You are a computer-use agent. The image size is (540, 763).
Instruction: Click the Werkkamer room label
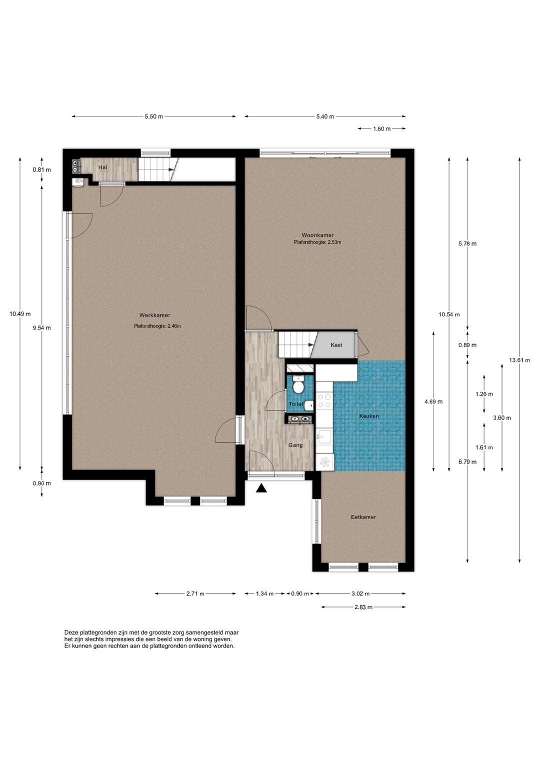point(154,315)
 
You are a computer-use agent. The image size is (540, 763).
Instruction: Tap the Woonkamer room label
point(317,235)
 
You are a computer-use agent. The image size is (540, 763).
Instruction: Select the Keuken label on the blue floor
point(369,416)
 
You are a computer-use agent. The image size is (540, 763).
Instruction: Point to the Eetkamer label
point(363,516)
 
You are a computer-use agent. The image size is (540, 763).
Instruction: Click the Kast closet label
point(336,345)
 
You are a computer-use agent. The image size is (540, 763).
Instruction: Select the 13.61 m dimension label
point(519,360)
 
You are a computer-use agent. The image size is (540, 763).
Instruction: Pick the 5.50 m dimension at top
point(153,116)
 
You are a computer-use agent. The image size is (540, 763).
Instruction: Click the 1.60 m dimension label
point(382,129)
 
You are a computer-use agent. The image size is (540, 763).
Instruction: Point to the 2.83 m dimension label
point(363,607)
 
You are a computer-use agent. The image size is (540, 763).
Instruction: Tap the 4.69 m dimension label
point(433,401)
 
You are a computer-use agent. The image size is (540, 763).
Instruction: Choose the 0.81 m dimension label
point(41,169)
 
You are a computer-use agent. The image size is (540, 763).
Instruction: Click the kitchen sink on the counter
point(324,436)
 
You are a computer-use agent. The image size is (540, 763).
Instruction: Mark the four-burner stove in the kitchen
point(324,400)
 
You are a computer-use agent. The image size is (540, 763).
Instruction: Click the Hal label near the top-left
point(102,167)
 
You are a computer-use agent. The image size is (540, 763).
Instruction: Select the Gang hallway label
point(295,445)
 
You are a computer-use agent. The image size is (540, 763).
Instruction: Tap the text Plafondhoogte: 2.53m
point(317,242)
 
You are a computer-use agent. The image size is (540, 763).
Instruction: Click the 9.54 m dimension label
point(41,327)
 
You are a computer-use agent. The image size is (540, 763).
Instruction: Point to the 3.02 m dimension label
point(360,593)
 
